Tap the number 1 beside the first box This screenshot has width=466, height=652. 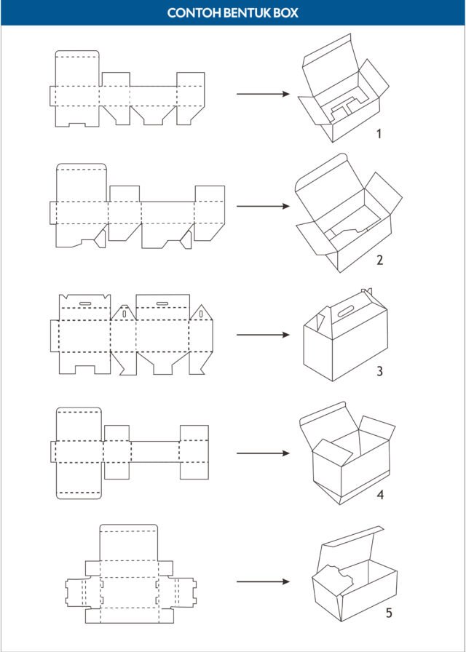pos(379,135)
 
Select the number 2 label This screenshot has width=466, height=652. pos(379,261)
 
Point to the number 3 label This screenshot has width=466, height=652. pos(379,370)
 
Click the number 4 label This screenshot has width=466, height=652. pos(380,495)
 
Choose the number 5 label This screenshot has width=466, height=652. pos(389,613)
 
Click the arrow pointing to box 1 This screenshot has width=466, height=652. pos(263,94)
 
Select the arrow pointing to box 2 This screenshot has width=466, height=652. pos(263,206)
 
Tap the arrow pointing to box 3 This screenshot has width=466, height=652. pos(263,335)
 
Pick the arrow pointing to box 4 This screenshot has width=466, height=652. pos(263,453)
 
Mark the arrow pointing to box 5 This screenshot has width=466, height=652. pos(263,581)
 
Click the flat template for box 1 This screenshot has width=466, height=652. pos(127,95)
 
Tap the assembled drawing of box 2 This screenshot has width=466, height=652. pos(349,213)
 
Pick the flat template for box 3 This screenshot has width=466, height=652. pos(132,334)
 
